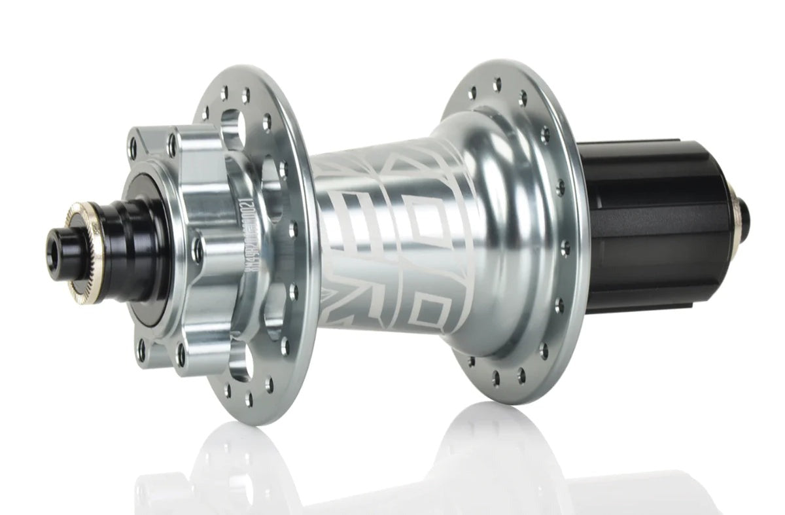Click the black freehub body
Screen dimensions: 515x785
click(661, 216)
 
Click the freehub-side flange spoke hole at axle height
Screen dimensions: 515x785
click(565, 247)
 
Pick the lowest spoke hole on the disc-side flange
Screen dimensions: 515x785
click(249, 400)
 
